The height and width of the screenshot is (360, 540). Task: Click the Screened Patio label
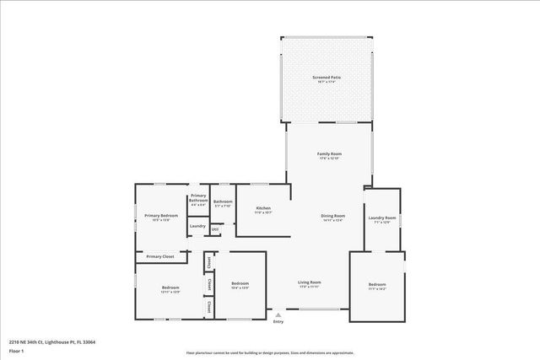[327, 78]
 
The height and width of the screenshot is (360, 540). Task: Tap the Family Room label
[329, 154]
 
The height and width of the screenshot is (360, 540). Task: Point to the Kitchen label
[263, 208]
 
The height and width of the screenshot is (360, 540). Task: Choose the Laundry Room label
[381, 219]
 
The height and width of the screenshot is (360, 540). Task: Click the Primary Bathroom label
[198, 199]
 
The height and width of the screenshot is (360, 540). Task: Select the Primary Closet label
[159, 256]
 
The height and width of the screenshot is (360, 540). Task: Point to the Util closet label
[215, 229]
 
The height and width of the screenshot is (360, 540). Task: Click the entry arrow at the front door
[278, 314]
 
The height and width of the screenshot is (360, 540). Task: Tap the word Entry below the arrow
[278, 321]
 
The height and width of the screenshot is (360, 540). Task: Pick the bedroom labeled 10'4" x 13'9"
[240, 284]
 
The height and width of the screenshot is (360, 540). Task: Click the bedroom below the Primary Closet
[170, 288]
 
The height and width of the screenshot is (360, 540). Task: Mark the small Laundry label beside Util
[197, 226]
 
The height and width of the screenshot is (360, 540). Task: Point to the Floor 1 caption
[16, 351]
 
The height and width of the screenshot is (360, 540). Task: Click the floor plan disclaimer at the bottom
[269, 353]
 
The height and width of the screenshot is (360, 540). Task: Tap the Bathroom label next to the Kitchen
[223, 202]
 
